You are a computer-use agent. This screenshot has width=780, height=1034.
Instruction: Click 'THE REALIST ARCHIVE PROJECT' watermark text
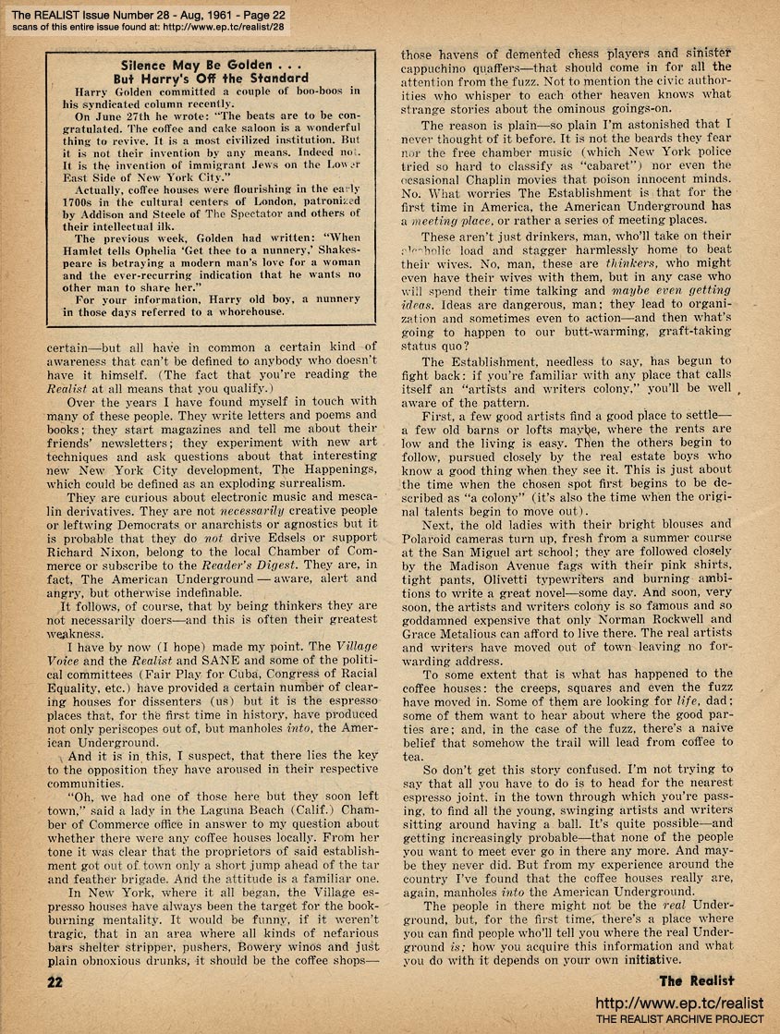[x=679, y=1019]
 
